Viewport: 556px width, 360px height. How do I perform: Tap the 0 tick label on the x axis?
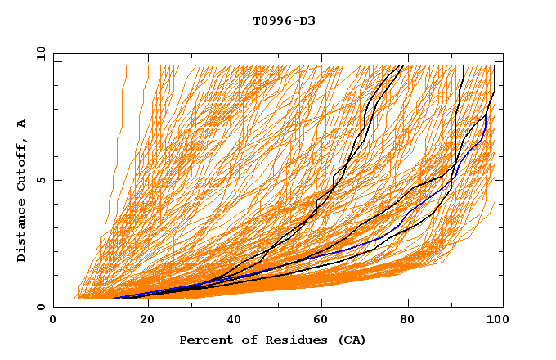tap(53, 320)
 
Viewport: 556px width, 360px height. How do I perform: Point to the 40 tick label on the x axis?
tap(235, 320)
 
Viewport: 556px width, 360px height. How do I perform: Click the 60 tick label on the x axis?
tap(323, 320)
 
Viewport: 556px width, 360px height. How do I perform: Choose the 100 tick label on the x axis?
tap(496, 320)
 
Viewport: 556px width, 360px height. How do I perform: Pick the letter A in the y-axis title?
tap(22, 124)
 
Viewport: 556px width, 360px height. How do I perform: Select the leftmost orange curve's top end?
tap(126, 66)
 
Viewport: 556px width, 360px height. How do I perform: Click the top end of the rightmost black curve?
tap(495, 66)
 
